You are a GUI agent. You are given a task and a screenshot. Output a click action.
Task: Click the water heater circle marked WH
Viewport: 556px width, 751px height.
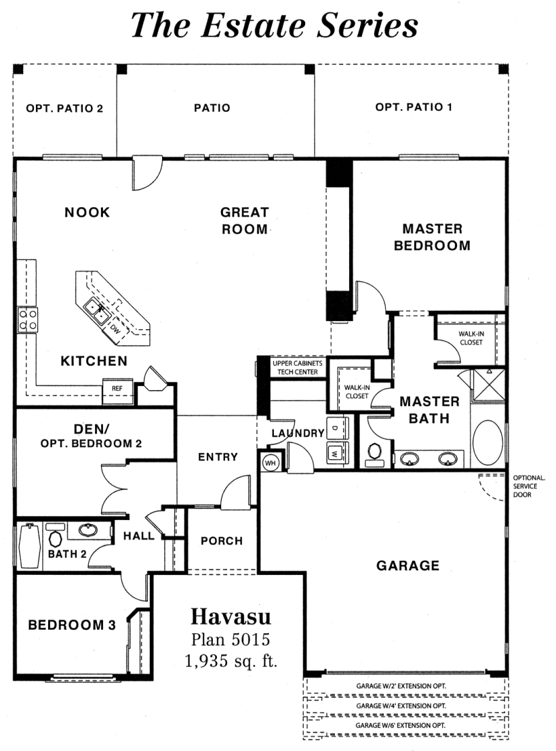(270, 463)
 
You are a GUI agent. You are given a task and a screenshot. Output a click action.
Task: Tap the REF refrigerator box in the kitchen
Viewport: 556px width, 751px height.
(117, 389)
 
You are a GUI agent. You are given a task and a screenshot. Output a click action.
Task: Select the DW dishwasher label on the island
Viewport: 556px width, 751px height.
(115, 328)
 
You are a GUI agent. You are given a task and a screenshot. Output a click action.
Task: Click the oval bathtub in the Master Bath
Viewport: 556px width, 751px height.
(488, 443)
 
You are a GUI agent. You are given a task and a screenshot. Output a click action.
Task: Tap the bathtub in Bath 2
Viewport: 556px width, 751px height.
(29, 546)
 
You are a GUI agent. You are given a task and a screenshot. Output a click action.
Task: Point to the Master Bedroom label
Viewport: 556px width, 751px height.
(432, 237)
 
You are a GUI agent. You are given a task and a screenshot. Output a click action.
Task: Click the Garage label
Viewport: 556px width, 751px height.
(408, 565)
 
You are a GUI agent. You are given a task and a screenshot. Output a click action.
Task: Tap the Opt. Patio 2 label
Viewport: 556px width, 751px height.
(64, 108)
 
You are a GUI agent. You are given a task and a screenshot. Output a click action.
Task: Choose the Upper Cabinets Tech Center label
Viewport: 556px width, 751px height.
(298, 367)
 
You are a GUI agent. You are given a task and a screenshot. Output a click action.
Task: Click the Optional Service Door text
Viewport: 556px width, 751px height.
(529, 486)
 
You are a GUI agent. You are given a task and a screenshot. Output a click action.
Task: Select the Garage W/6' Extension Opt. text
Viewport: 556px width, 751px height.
(401, 725)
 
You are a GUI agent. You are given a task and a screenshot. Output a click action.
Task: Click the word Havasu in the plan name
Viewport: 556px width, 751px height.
(231, 616)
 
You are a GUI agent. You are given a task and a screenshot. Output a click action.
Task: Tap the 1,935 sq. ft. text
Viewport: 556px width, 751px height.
(231, 661)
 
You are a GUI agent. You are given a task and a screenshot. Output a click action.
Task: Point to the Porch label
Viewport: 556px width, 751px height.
(222, 541)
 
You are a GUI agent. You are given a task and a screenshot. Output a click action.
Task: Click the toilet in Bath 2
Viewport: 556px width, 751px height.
(55, 537)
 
